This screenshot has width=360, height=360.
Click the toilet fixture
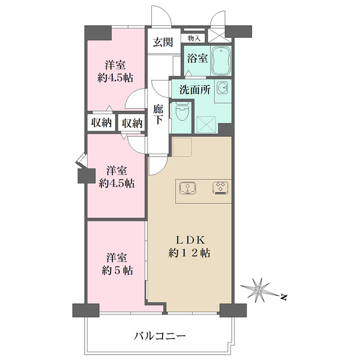pos(182,112)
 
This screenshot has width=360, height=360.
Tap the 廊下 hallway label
pos(158,115)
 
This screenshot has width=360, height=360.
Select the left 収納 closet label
pos(101,123)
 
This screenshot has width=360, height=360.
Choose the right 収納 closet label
pos(132,123)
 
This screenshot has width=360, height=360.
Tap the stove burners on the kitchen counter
pos(219,188)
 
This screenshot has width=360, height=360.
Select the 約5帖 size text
pos(116,270)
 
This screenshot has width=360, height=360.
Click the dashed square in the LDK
pos(182,146)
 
